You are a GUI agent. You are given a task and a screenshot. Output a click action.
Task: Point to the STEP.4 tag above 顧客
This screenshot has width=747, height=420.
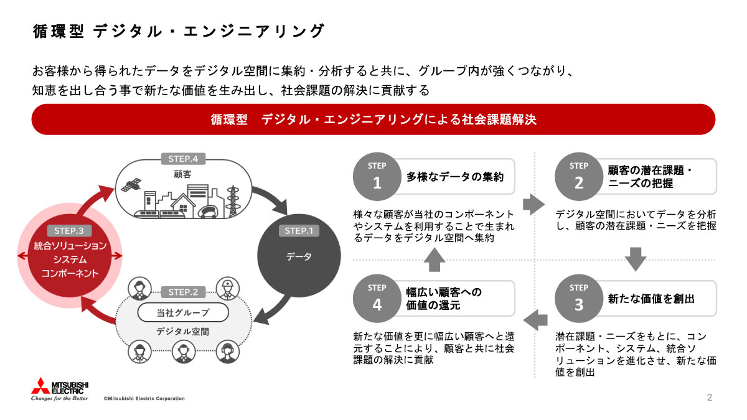[x=183, y=159]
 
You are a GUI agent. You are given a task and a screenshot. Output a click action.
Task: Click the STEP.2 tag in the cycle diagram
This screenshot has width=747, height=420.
[x=183, y=292]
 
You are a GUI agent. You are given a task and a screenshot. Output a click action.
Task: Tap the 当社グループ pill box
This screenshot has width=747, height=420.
[x=183, y=312]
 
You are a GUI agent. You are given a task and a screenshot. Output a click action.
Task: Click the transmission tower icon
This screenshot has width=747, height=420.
[x=235, y=200]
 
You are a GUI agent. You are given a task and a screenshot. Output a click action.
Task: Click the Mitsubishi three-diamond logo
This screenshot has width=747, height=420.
[x=42, y=386]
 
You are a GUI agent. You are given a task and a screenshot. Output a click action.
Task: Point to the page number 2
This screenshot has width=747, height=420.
[x=710, y=398]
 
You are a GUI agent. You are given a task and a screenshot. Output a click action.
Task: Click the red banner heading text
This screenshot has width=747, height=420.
[x=374, y=119]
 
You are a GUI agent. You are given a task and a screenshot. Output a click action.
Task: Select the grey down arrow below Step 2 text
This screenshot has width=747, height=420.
[x=635, y=259]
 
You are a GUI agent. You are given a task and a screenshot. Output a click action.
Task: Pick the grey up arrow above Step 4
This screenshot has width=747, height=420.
[x=434, y=259]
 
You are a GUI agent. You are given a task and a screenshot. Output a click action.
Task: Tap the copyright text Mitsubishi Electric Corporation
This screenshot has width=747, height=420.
[x=144, y=398]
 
